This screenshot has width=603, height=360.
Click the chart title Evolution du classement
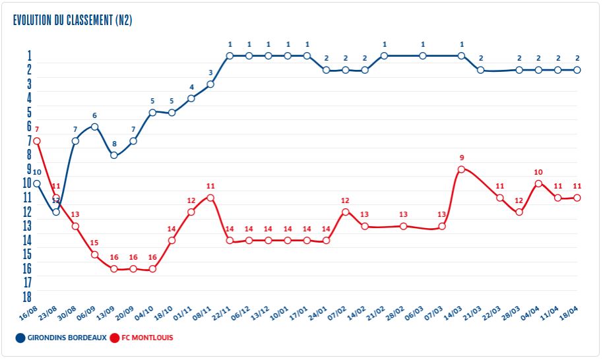point(73,20)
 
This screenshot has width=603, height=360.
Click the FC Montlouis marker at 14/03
point(461,169)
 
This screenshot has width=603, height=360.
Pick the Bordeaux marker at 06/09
point(94,127)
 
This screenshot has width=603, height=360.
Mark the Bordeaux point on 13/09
point(114,155)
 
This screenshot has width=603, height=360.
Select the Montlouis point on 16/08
point(37,141)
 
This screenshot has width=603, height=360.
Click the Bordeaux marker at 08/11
point(210,84)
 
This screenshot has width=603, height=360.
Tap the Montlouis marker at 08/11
point(210,198)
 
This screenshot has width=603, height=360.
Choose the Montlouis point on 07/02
point(345,212)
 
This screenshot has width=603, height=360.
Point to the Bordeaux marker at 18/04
point(577,69)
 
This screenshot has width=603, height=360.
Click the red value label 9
point(462,158)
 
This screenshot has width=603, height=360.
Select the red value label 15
point(94,243)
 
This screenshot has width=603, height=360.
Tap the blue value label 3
point(210,73)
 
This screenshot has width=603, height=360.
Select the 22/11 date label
point(221,312)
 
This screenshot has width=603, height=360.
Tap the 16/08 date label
point(28,312)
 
